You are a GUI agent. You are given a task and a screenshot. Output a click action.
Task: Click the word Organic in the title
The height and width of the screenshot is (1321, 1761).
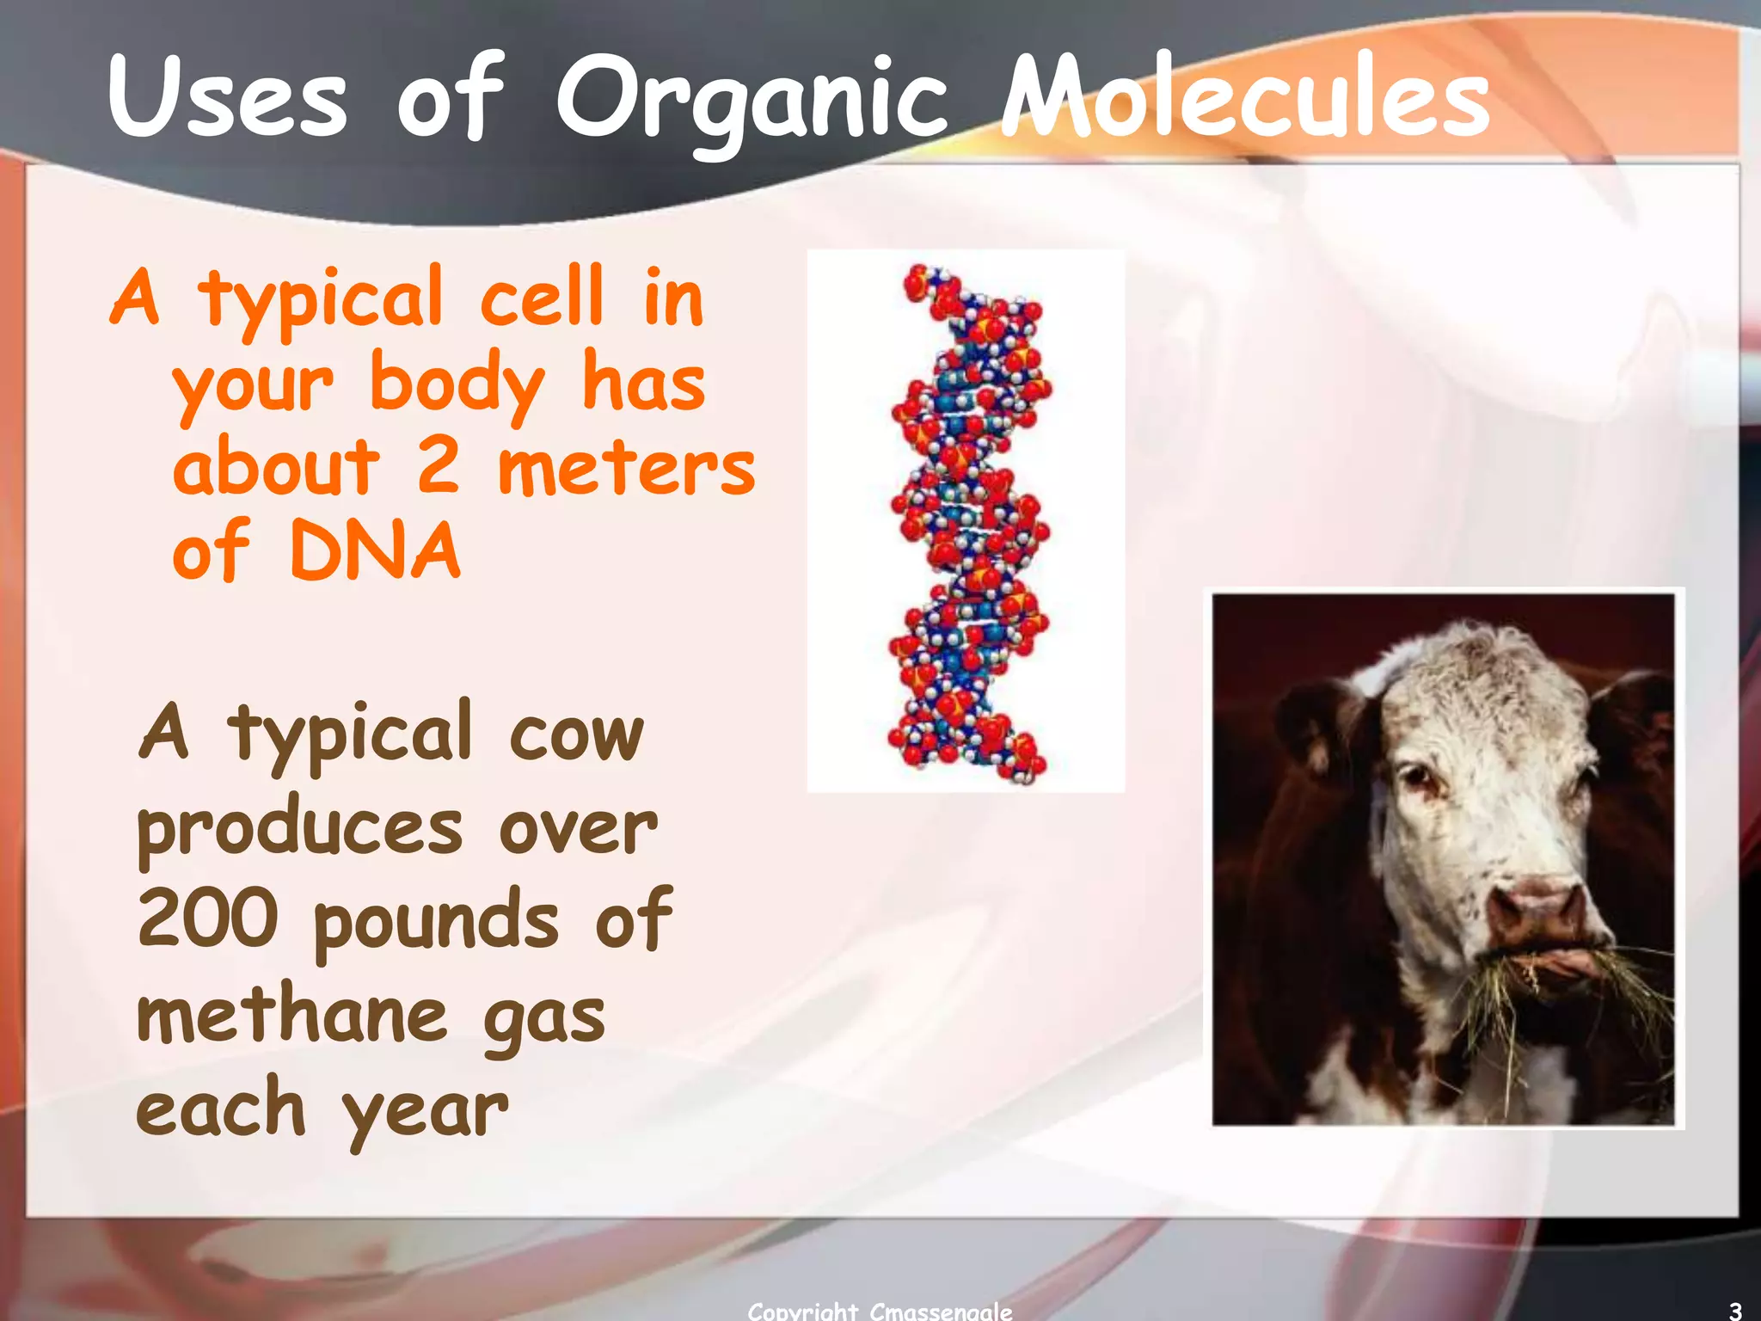752,99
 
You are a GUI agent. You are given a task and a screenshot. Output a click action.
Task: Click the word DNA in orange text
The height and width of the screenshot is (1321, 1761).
375,551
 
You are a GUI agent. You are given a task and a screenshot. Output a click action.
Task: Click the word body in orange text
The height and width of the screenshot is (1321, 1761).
457,385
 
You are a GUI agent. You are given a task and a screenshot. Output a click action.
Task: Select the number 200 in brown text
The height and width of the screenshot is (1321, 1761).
208,919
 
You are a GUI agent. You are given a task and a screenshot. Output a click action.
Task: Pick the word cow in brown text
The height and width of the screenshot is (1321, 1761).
575,736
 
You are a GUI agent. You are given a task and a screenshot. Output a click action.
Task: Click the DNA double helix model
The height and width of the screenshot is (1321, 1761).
967,520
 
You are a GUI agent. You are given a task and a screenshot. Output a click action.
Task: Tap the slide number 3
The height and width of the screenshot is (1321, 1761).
1735,1311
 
